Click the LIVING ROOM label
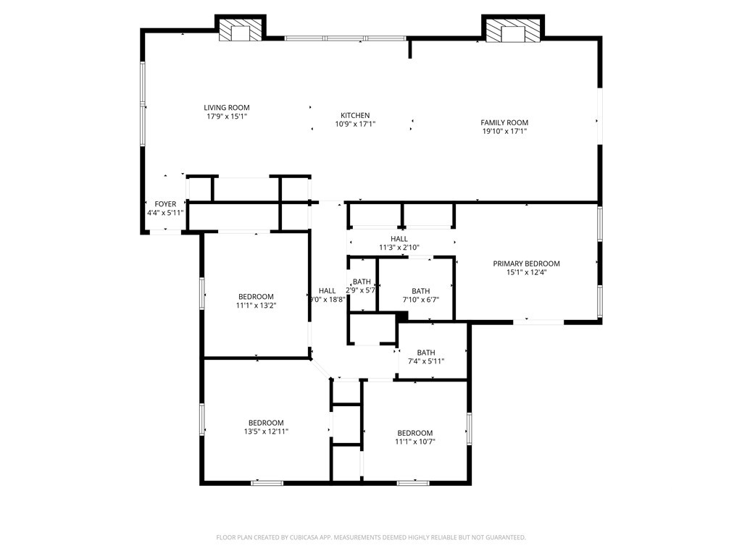pyautogui.click(x=227, y=108)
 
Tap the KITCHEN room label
pyautogui.click(x=355, y=115)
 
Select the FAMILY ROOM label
pyautogui.click(x=504, y=122)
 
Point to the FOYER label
pyautogui.click(x=166, y=203)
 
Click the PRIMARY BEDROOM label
pyautogui.click(x=526, y=264)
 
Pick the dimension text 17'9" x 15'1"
pyautogui.click(x=227, y=117)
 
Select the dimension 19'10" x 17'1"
pyautogui.click(x=504, y=132)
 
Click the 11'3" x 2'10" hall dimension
pyautogui.click(x=399, y=248)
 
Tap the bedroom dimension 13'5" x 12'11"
pyautogui.click(x=266, y=431)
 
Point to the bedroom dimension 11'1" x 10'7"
pyautogui.click(x=415, y=442)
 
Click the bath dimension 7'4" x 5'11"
pyautogui.click(x=426, y=362)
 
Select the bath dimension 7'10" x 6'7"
pyautogui.click(x=421, y=300)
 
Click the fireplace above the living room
pyautogui.click(x=241, y=30)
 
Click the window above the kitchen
pyautogui.click(x=346, y=38)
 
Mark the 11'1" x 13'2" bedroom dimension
pyautogui.click(x=256, y=306)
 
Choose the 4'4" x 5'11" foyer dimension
pyautogui.click(x=166, y=213)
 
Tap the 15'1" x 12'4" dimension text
pyautogui.click(x=526, y=272)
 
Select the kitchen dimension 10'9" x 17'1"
pyautogui.click(x=355, y=125)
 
